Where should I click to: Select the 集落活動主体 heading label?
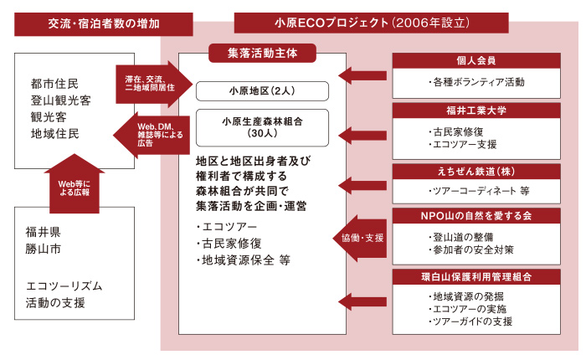point(261,53)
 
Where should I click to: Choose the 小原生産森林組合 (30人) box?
point(262,126)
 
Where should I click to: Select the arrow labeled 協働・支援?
point(361,237)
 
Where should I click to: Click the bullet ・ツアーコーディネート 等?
point(477,190)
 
